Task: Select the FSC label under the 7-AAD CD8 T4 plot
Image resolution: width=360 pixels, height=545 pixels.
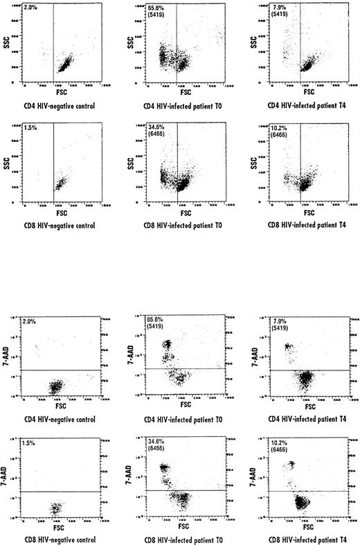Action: pyautogui.click(x=309, y=526)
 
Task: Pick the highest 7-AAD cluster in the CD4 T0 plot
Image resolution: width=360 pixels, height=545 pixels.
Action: pyautogui.click(x=166, y=344)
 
